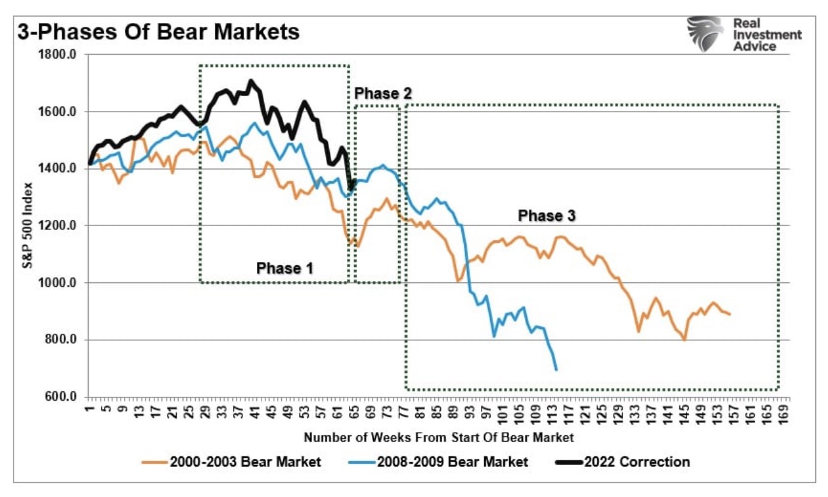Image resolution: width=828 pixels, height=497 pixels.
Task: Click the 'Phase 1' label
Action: (x=285, y=268)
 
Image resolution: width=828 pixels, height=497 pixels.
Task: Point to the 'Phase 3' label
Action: (x=547, y=216)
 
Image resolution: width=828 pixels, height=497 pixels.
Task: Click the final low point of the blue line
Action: (x=556, y=370)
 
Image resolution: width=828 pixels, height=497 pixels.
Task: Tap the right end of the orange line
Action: (x=730, y=314)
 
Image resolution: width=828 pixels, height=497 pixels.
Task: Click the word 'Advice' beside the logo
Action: (x=755, y=47)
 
